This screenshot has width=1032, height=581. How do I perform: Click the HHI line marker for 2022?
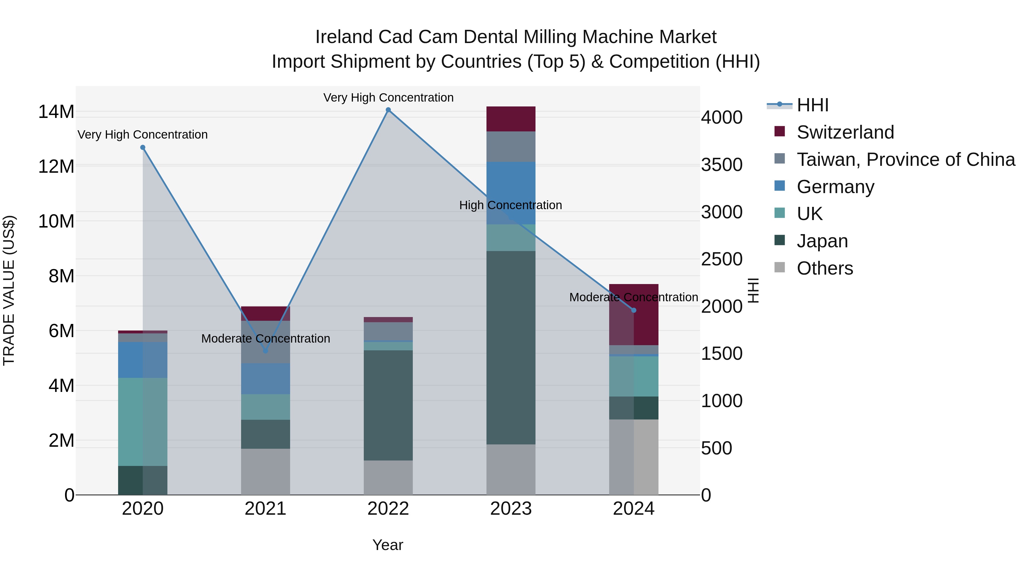pyautogui.click(x=388, y=110)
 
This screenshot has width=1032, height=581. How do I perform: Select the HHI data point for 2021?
pyautogui.click(x=265, y=351)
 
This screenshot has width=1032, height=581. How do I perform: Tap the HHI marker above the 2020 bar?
pyautogui.click(x=143, y=147)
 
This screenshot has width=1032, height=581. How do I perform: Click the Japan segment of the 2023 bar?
pyautogui.click(x=511, y=347)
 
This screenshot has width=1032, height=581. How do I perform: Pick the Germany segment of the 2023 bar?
pyautogui.click(x=511, y=193)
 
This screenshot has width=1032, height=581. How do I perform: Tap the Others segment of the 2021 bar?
pyautogui.click(x=265, y=471)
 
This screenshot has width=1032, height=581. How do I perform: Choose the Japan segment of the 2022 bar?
pyautogui.click(x=388, y=405)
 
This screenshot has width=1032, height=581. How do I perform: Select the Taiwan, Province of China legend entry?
pyautogui.click(x=905, y=160)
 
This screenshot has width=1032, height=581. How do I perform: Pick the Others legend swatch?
pyautogui.click(x=780, y=267)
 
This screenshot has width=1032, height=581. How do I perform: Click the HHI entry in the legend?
pyautogui.click(x=812, y=105)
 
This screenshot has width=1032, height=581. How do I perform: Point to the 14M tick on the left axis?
pyautogui.click(x=56, y=112)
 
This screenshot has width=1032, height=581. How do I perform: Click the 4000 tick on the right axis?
pyautogui.click(x=722, y=117)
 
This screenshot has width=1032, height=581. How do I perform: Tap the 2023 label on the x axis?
pyautogui.click(x=511, y=509)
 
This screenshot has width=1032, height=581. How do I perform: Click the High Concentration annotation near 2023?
pyautogui.click(x=510, y=205)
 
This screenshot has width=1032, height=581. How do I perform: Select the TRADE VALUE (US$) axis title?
pyautogui.click(x=9, y=290)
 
